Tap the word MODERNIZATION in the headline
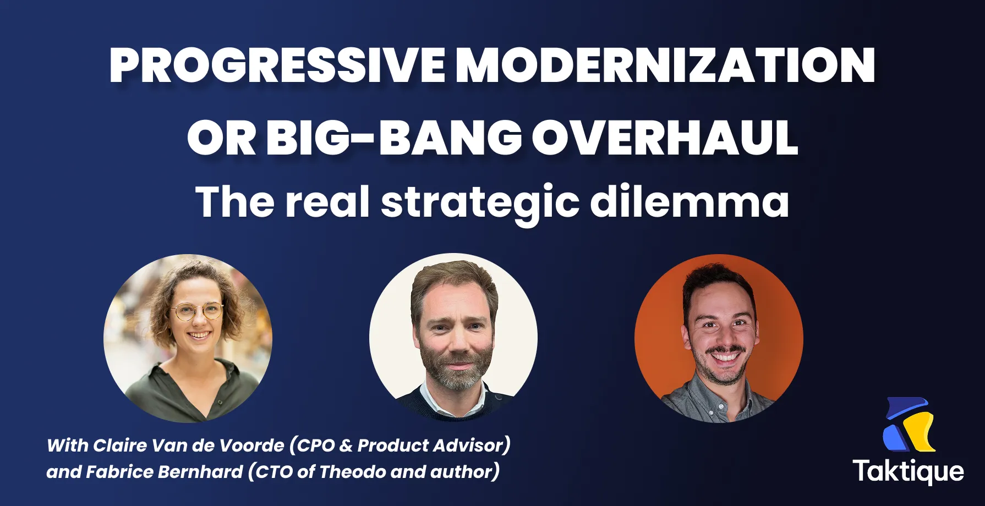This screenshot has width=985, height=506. coord(665,65)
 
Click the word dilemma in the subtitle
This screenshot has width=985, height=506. coord(689,201)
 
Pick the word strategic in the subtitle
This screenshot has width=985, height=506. coord(480,202)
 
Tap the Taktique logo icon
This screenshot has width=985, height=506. coord(909,425)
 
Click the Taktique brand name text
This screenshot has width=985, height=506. coord(908,471)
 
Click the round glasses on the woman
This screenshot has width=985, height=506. coord(196,312)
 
